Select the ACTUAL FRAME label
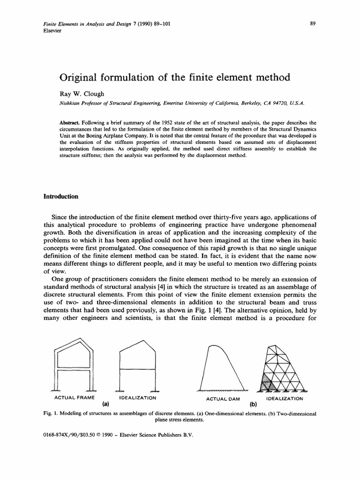coord(75,398)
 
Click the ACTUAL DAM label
coord(223,398)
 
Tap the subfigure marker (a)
coord(105,403)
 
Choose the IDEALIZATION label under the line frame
coord(138,398)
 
